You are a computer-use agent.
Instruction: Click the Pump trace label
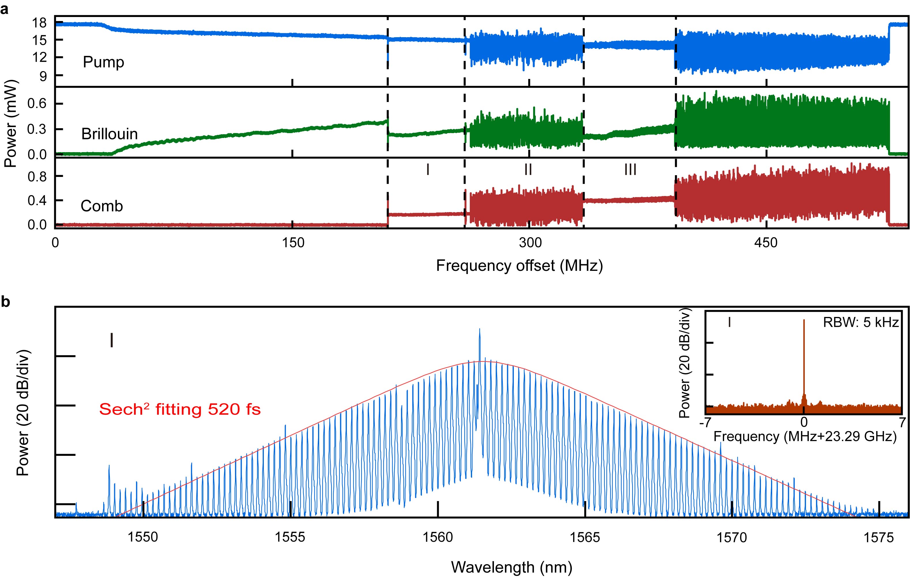[x=103, y=62]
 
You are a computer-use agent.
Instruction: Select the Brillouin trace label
[x=109, y=134]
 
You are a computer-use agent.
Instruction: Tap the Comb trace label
[x=102, y=206]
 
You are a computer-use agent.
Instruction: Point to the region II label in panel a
[x=528, y=170]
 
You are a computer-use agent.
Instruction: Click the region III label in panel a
[x=630, y=170]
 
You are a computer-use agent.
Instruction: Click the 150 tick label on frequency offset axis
[x=293, y=243]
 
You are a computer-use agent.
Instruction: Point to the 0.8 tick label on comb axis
[x=37, y=176]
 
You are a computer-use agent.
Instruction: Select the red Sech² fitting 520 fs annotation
[x=180, y=409]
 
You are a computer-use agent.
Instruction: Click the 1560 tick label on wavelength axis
[x=438, y=537]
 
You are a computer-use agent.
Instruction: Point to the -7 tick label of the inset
[x=705, y=422]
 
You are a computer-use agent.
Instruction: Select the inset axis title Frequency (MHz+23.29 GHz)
[x=805, y=437]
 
